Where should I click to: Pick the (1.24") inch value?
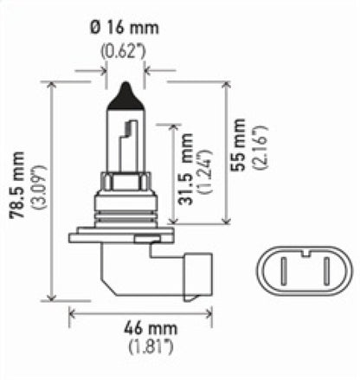pyautogui.click(x=204, y=174)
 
